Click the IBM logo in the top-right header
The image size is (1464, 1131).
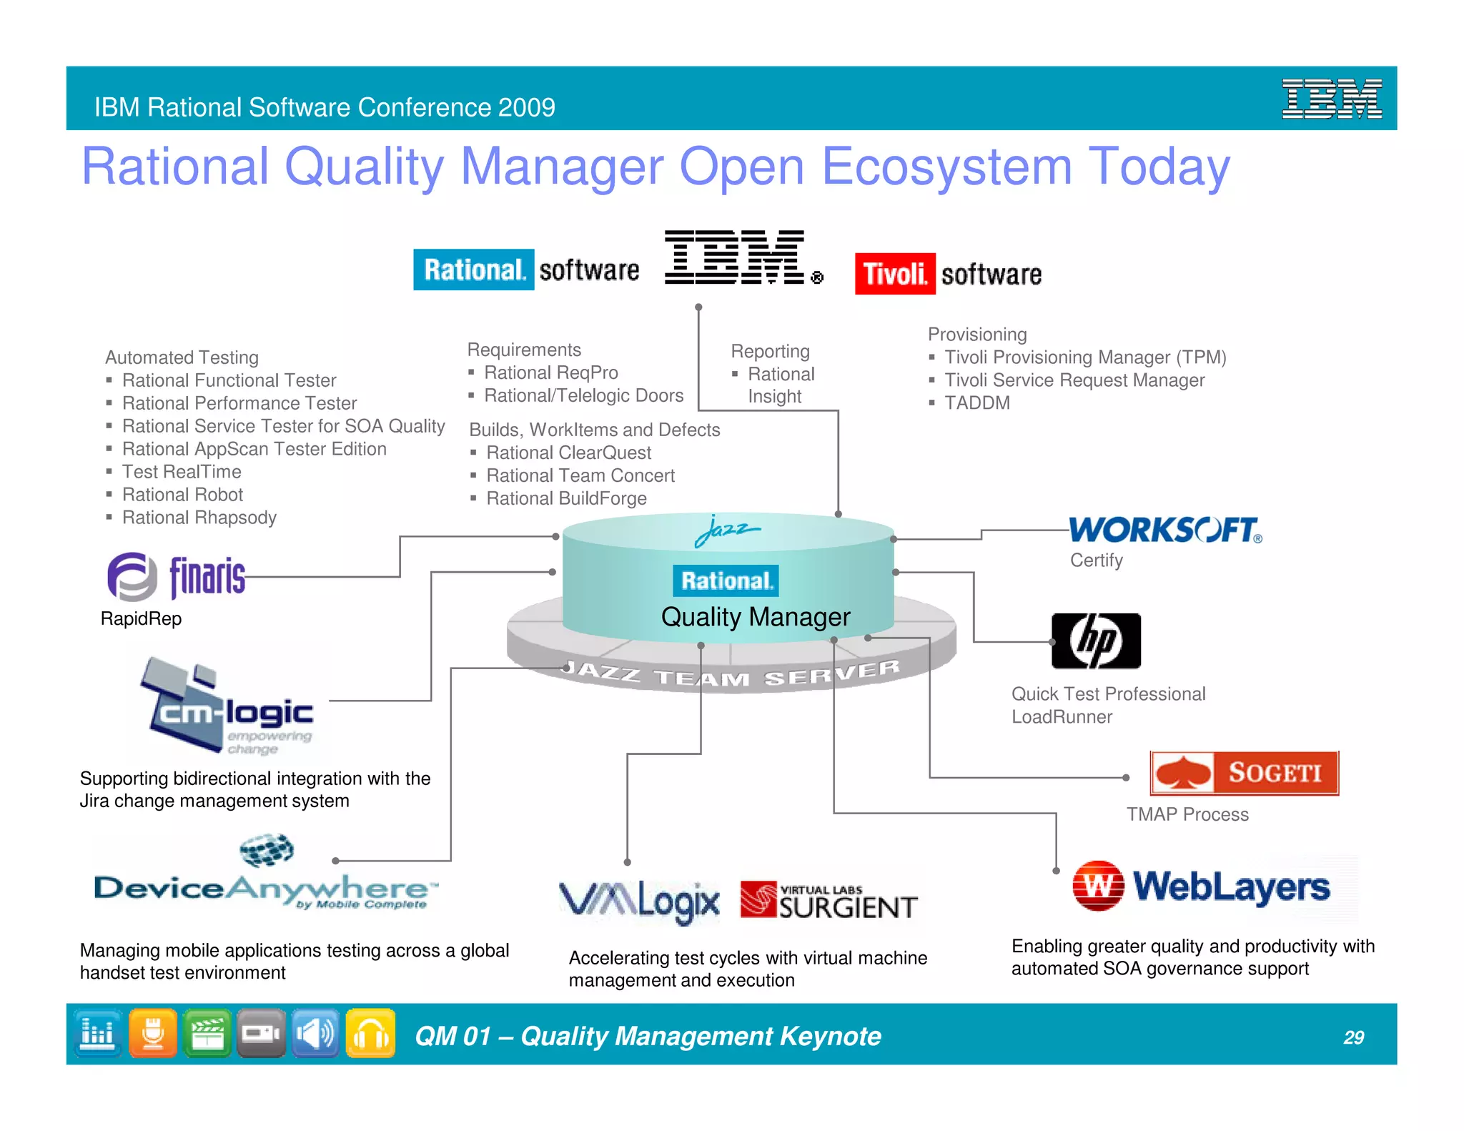coord(1331,99)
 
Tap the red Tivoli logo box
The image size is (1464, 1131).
coord(894,274)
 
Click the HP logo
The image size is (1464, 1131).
coord(1096,641)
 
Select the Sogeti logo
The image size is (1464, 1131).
coord(1244,773)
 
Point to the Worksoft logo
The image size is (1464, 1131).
coord(1165,530)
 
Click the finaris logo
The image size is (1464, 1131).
coord(177,576)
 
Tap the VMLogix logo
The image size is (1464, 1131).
coord(639,902)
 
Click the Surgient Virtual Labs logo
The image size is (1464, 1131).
coord(829,902)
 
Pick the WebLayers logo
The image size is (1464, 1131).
coord(1201,886)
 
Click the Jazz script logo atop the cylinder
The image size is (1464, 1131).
coord(727,530)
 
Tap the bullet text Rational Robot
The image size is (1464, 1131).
coord(182,495)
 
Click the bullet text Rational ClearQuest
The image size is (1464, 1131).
coord(568,453)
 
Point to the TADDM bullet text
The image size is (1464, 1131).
coord(976,403)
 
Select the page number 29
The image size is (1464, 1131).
coord(1353,1037)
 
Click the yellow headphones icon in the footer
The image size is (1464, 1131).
coord(370,1033)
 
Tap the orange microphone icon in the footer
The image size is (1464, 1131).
coord(153,1033)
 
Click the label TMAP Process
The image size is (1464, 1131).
coord(1187,814)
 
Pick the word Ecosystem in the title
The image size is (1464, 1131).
coord(946,167)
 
